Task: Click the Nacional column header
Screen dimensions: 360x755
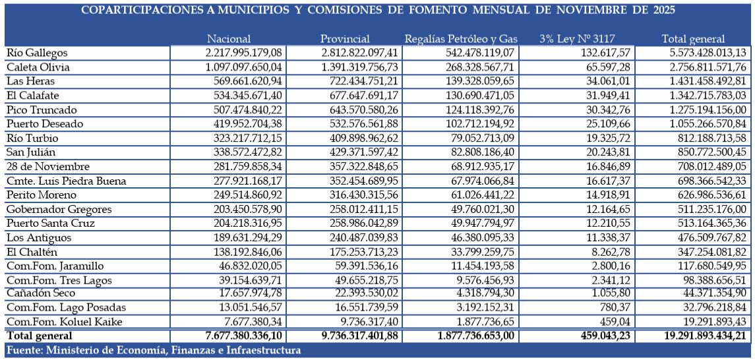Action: point(228,39)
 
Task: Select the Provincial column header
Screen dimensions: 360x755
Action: point(345,39)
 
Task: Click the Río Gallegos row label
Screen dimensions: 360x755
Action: point(37,53)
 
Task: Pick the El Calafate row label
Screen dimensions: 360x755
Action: point(33,95)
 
